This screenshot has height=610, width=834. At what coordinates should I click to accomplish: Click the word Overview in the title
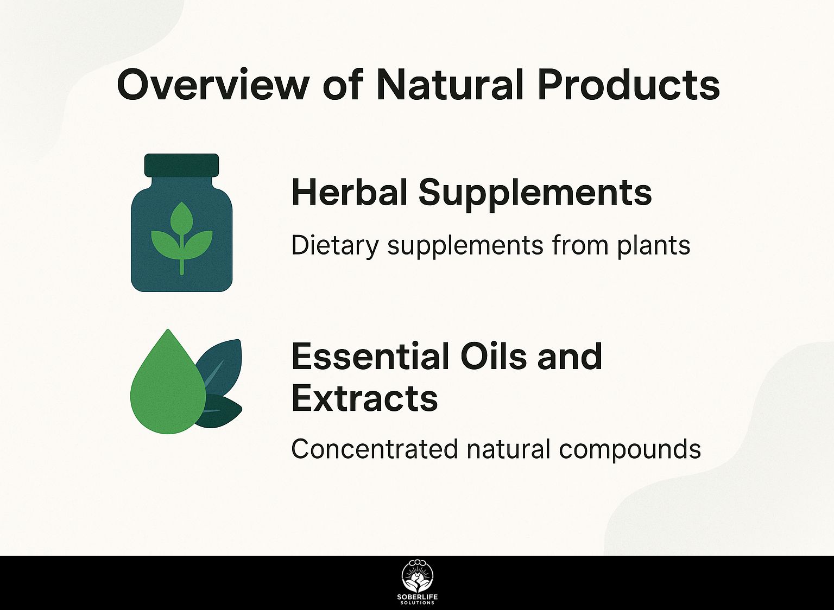click(x=213, y=85)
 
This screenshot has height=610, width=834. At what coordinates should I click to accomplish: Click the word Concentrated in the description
click(x=374, y=449)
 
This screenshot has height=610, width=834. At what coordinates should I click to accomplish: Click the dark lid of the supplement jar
click(x=181, y=165)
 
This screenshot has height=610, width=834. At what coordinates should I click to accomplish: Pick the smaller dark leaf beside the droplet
click(x=220, y=411)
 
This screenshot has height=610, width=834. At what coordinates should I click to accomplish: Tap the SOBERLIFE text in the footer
click(x=418, y=598)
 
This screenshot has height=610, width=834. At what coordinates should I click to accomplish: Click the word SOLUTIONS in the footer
click(x=418, y=603)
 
